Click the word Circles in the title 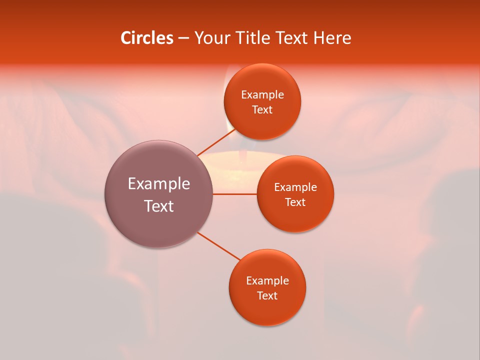click(x=146, y=38)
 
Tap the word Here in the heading click(x=332, y=38)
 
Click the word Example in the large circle click(x=159, y=184)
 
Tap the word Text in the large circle click(x=159, y=206)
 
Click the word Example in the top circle click(x=262, y=95)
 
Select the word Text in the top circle click(x=262, y=110)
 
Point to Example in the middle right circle click(x=295, y=187)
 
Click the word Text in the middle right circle click(x=295, y=202)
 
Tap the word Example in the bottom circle click(x=267, y=281)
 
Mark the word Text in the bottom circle click(x=267, y=296)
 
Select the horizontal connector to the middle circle click(x=235, y=194)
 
